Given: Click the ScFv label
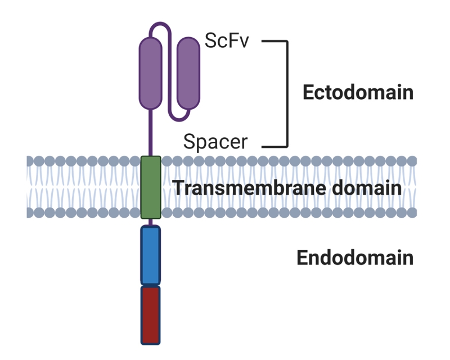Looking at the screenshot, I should click(x=226, y=42).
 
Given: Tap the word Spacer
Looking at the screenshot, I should click(x=215, y=141).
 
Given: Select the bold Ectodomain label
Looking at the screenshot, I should click(x=358, y=92).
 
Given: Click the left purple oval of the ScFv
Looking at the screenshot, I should click(x=150, y=73).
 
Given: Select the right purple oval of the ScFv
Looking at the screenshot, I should click(x=188, y=73).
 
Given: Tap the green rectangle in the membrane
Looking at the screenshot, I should click(x=151, y=187).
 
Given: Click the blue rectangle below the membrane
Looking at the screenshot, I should click(x=150, y=255).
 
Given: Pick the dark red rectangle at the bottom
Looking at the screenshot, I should click(x=150, y=315).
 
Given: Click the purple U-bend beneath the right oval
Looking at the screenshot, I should click(x=179, y=117).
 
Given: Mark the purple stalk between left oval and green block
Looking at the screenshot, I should click(x=150, y=132).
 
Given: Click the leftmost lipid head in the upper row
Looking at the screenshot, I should click(x=30, y=161).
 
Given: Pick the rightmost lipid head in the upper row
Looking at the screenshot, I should click(x=412, y=161).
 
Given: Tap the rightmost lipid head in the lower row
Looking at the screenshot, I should click(x=412, y=213).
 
